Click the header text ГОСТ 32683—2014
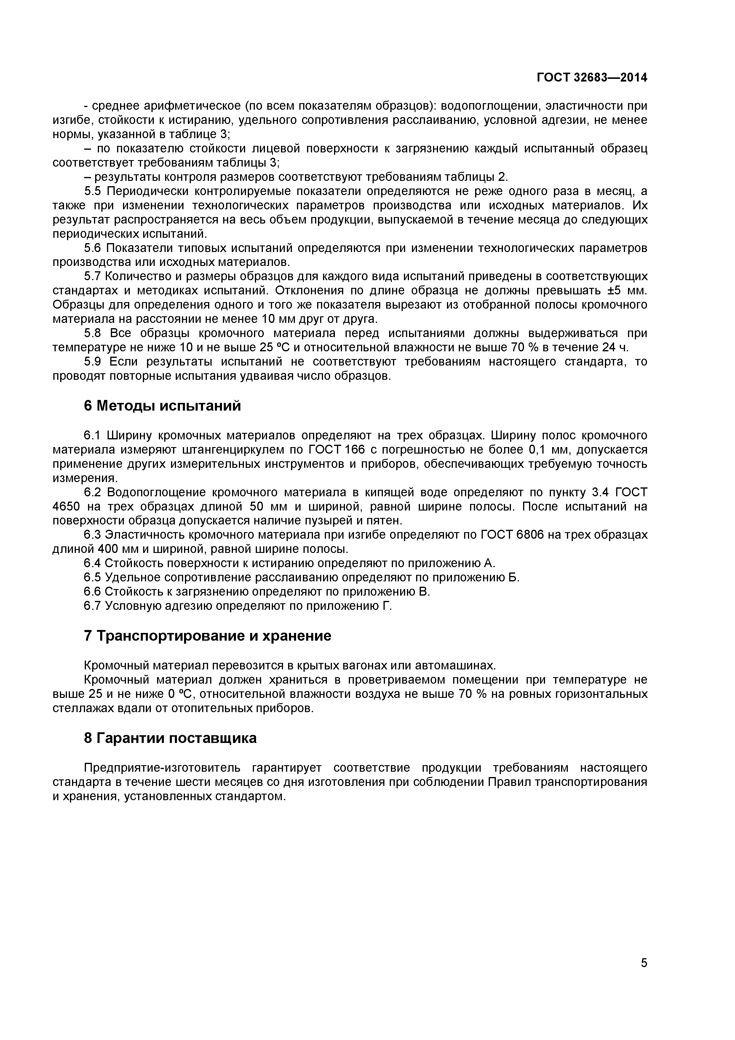pos(592,77)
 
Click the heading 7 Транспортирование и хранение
pos(207,636)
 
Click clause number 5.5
pos(93,191)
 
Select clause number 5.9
pos(93,361)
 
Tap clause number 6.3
pos(92,535)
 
